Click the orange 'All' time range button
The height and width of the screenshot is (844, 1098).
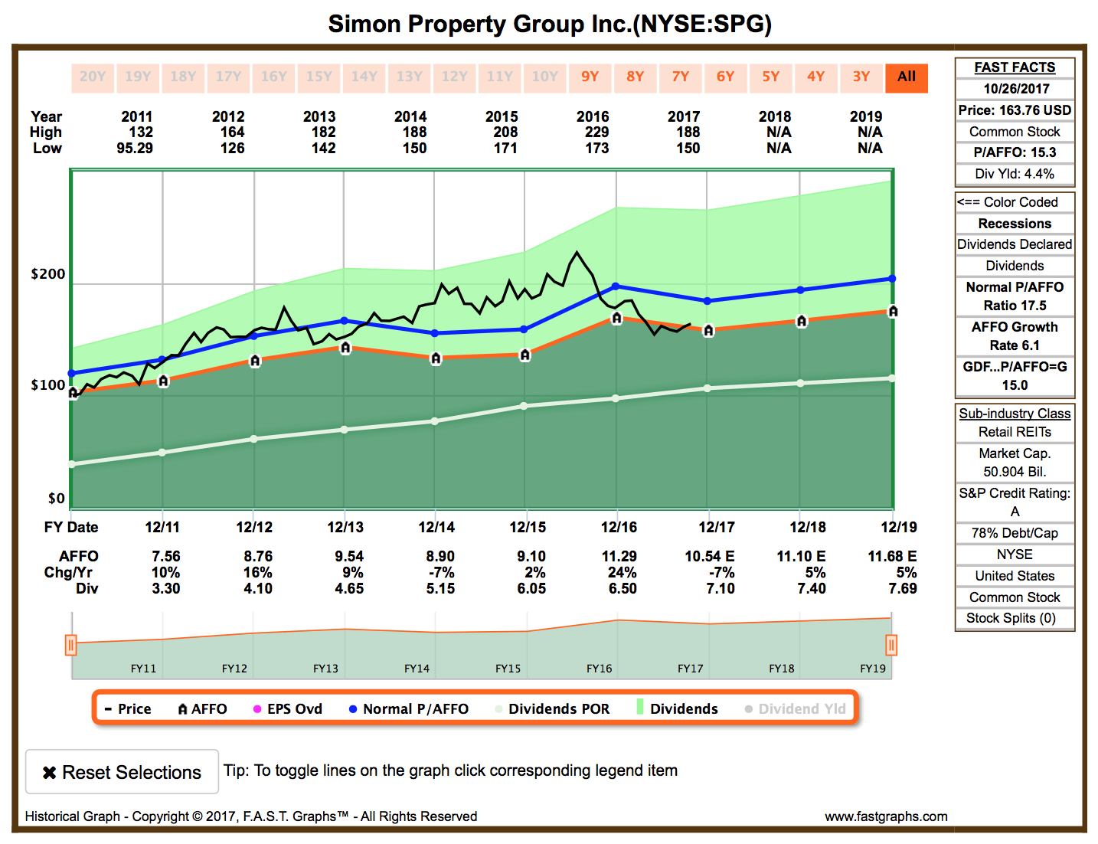click(907, 77)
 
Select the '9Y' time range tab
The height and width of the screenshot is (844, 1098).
click(590, 77)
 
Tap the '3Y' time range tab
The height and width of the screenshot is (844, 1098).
click(861, 77)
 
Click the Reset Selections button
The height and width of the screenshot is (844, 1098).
click(123, 772)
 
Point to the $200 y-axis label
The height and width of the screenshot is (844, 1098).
click(47, 274)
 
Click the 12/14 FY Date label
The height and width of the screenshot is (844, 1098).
click(436, 527)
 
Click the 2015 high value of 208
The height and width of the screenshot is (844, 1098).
click(505, 132)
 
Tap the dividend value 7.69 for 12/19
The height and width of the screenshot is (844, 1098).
click(903, 588)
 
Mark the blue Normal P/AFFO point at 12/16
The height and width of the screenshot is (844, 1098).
click(616, 286)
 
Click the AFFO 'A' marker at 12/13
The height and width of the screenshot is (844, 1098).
click(345, 348)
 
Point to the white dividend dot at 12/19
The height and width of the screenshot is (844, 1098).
click(892, 378)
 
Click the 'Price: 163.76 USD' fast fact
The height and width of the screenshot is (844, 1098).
click(1015, 110)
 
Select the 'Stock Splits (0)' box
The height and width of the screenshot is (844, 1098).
click(1015, 618)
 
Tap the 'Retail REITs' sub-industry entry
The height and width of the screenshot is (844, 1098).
click(1015, 432)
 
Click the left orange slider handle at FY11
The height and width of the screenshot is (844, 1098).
click(70, 645)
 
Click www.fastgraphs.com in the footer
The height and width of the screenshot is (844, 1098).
click(886, 816)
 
